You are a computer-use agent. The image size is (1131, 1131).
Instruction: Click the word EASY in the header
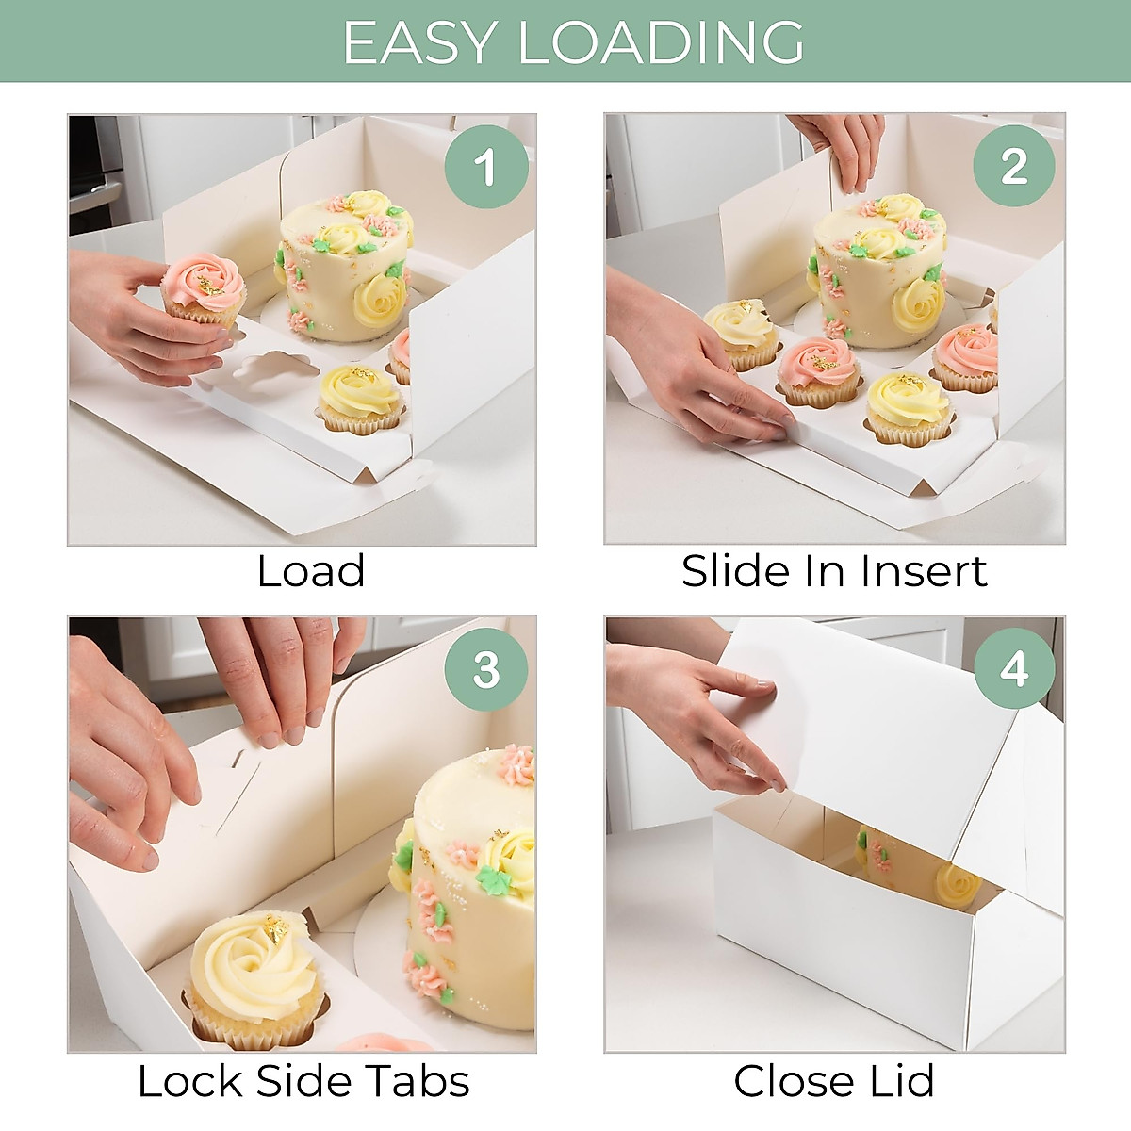point(418,42)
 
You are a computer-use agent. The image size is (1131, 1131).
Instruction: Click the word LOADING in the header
point(662,42)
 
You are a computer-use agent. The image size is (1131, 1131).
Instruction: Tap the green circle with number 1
point(485,167)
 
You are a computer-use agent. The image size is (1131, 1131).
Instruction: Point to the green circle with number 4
point(1014,669)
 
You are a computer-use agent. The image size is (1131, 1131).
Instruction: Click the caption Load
point(311,571)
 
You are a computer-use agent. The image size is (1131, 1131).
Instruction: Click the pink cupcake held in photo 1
point(203,287)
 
